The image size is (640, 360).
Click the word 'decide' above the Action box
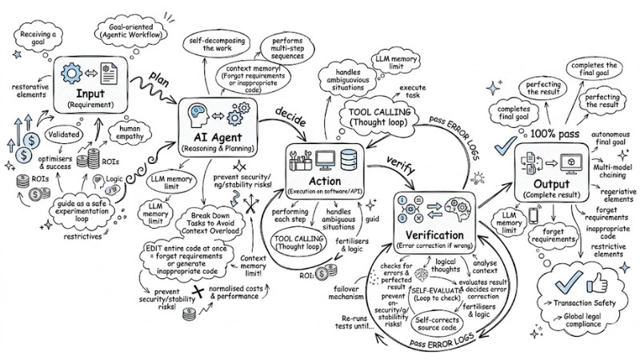pos(291,110)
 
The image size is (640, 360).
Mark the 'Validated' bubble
pos(62,134)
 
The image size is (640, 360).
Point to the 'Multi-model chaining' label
pos(614,168)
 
